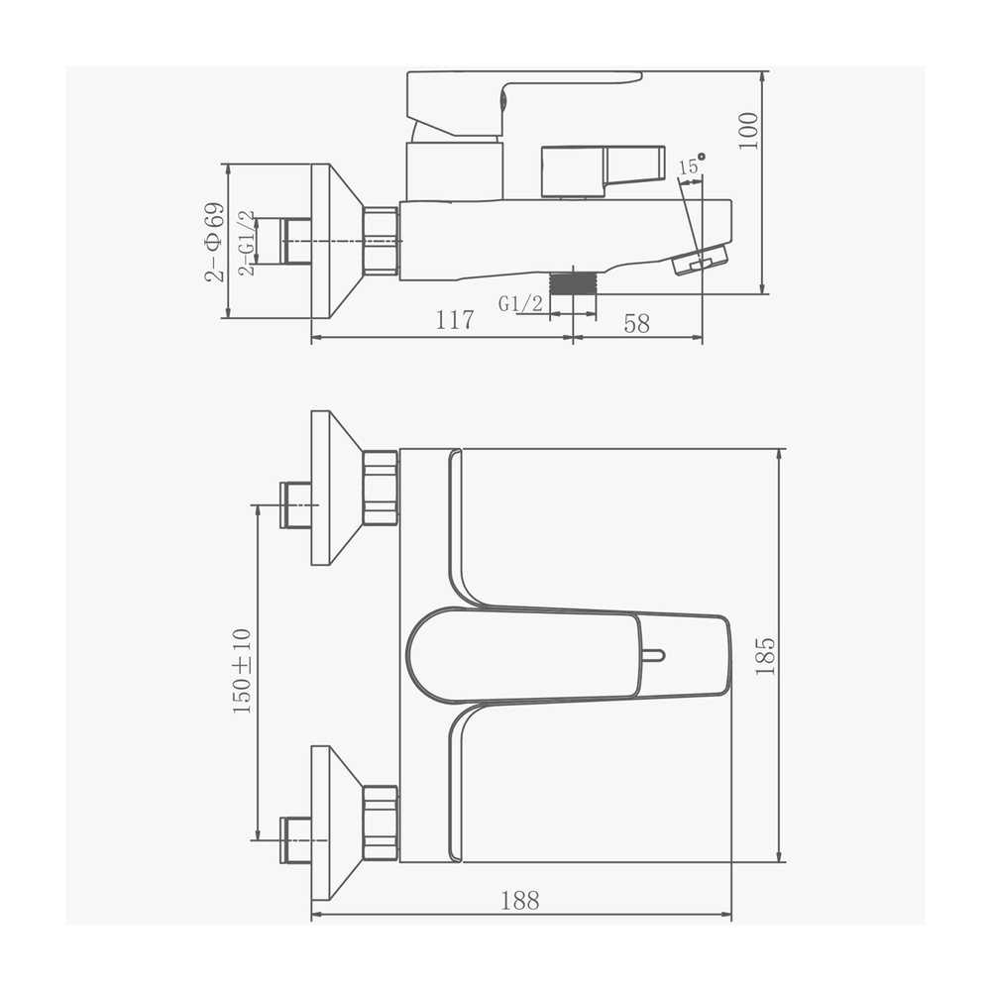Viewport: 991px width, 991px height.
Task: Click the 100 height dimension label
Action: coord(749,130)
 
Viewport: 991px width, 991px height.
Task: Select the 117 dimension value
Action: coord(455,321)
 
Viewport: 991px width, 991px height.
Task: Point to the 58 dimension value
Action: coord(637,323)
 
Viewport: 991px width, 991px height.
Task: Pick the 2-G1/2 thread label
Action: coord(248,242)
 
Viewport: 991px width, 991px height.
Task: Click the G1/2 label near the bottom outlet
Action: coord(521,304)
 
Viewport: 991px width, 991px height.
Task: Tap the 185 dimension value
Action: coord(765,656)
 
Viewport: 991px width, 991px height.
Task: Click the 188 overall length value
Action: coord(520,900)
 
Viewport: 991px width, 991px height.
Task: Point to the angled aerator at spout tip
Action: coord(699,261)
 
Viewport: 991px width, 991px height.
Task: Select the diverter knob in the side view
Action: coord(602,169)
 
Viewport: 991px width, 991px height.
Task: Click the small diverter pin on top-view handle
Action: coord(653,655)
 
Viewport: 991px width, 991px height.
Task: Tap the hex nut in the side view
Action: coord(381,241)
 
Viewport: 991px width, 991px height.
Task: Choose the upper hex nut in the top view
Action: coord(381,488)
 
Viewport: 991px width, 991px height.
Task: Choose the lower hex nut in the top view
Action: coord(381,823)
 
